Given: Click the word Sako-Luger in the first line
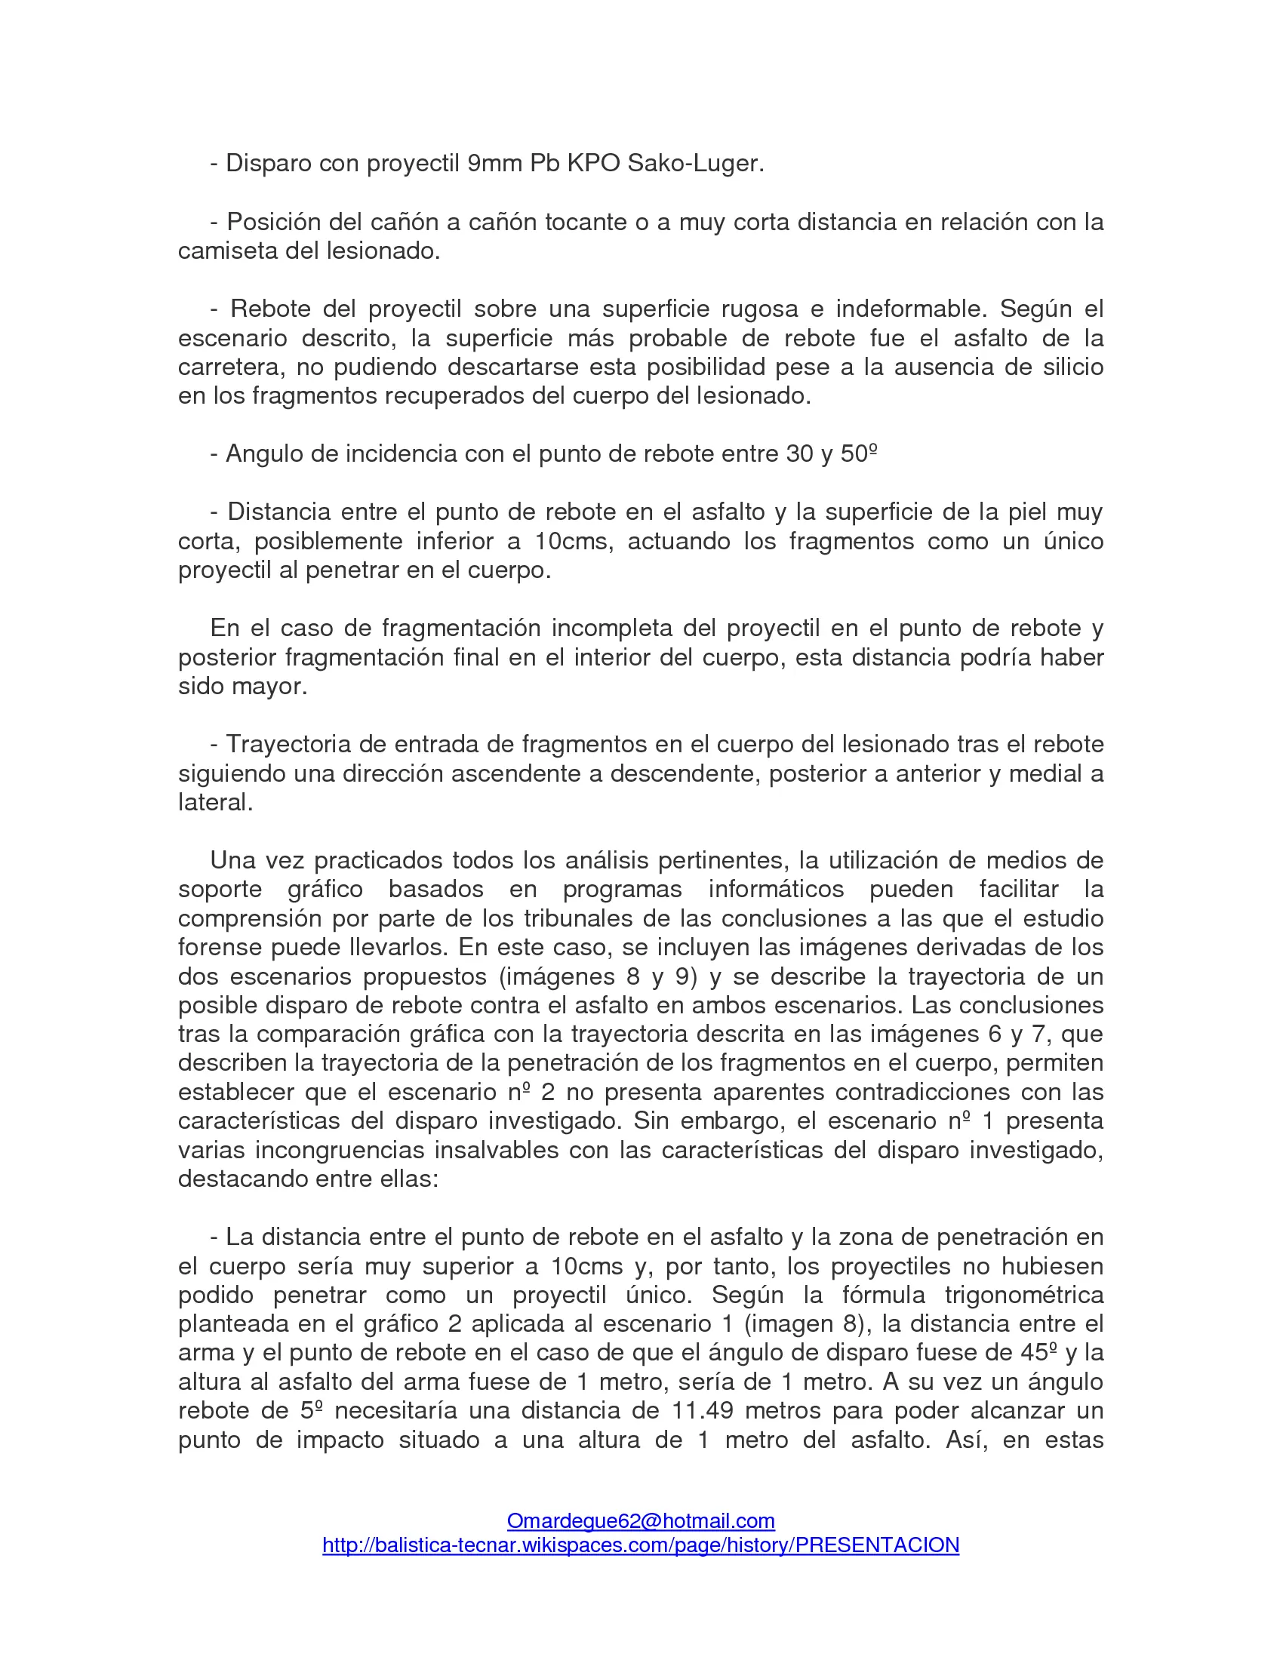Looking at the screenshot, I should pyautogui.click(x=694, y=164).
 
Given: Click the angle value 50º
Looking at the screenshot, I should pyautogui.click(x=859, y=453).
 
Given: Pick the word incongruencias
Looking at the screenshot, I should pyautogui.click(x=338, y=1150).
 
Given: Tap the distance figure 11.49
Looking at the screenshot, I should pyautogui.click(x=703, y=1411).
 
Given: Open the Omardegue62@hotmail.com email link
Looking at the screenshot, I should pyautogui.click(x=641, y=1521).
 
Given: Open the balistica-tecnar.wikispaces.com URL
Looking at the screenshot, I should pyautogui.click(x=641, y=1545).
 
